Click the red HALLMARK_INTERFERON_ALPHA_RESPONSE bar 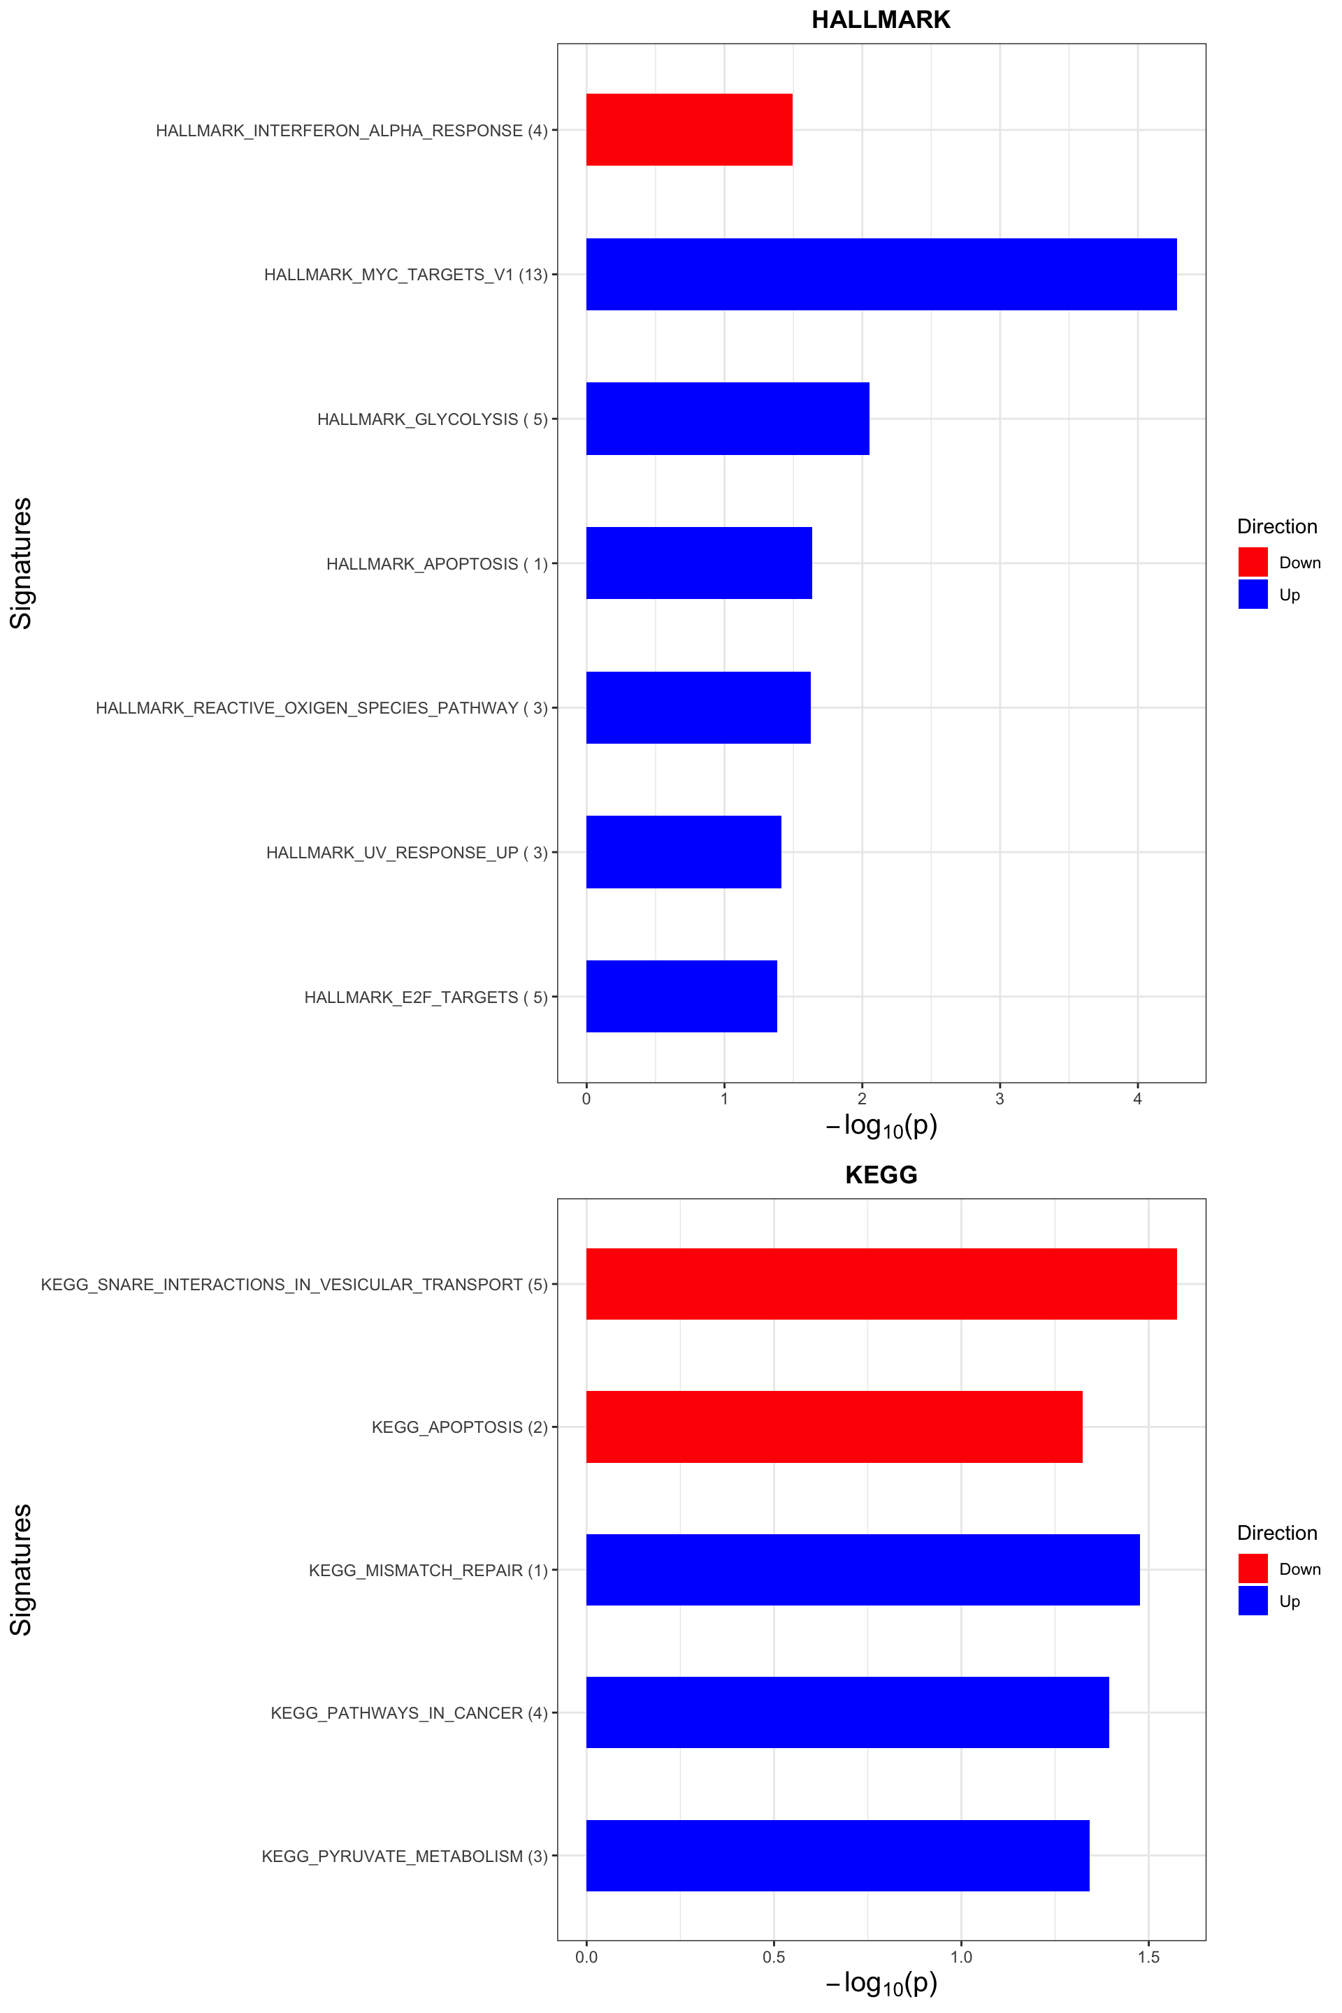coord(689,129)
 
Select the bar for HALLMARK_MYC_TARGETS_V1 coord(881,274)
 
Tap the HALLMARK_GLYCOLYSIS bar coord(728,419)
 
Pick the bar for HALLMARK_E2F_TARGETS coord(681,996)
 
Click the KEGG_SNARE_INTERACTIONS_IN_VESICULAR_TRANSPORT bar coord(881,1284)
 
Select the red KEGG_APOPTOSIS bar coord(834,1427)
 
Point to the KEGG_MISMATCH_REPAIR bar coord(863,1570)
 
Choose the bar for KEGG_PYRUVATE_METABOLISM coord(837,1856)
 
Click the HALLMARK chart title coord(881,20)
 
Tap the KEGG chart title coord(881,1174)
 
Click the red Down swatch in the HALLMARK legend coord(1252,562)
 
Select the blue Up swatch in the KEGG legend coord(1252,1601)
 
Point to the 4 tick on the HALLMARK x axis coord(1137,1099)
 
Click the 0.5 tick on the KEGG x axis coord(774,1956)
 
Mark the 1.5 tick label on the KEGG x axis coord(1148,1956)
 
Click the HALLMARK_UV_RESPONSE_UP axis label coord(407,853)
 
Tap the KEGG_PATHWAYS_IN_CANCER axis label coord(409,1712)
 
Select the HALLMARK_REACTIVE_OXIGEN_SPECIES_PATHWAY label coord(321,708)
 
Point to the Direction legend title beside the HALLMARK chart coord(1277,526)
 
